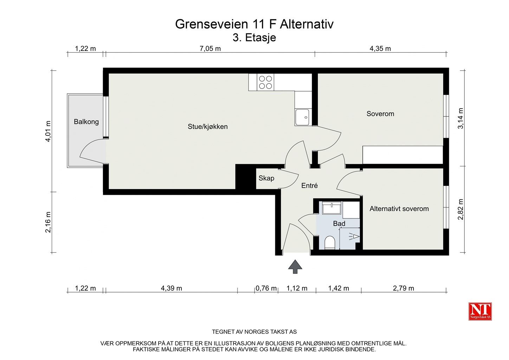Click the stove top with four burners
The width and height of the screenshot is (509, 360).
[266, 82]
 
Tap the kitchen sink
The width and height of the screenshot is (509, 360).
[302, 117]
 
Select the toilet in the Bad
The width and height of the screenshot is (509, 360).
[330, 243]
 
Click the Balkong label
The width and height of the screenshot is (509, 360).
[86, 122]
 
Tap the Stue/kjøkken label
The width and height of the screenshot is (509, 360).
[207, 127]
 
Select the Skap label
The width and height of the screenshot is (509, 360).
[266, 178]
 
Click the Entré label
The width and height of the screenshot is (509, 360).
[309, 186]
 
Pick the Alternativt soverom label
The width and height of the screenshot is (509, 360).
[399, 209]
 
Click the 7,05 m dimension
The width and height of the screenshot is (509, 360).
[210, 49]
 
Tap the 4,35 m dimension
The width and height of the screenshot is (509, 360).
[380, 49]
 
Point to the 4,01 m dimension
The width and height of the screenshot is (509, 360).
[49, 131]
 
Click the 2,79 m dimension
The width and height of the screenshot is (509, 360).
[404, 288]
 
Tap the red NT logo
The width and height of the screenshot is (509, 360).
[480, 311]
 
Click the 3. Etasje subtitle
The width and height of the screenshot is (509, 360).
[254, 38]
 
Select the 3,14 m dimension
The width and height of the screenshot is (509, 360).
[461, 118]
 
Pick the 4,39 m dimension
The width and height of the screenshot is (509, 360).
[172, 288]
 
